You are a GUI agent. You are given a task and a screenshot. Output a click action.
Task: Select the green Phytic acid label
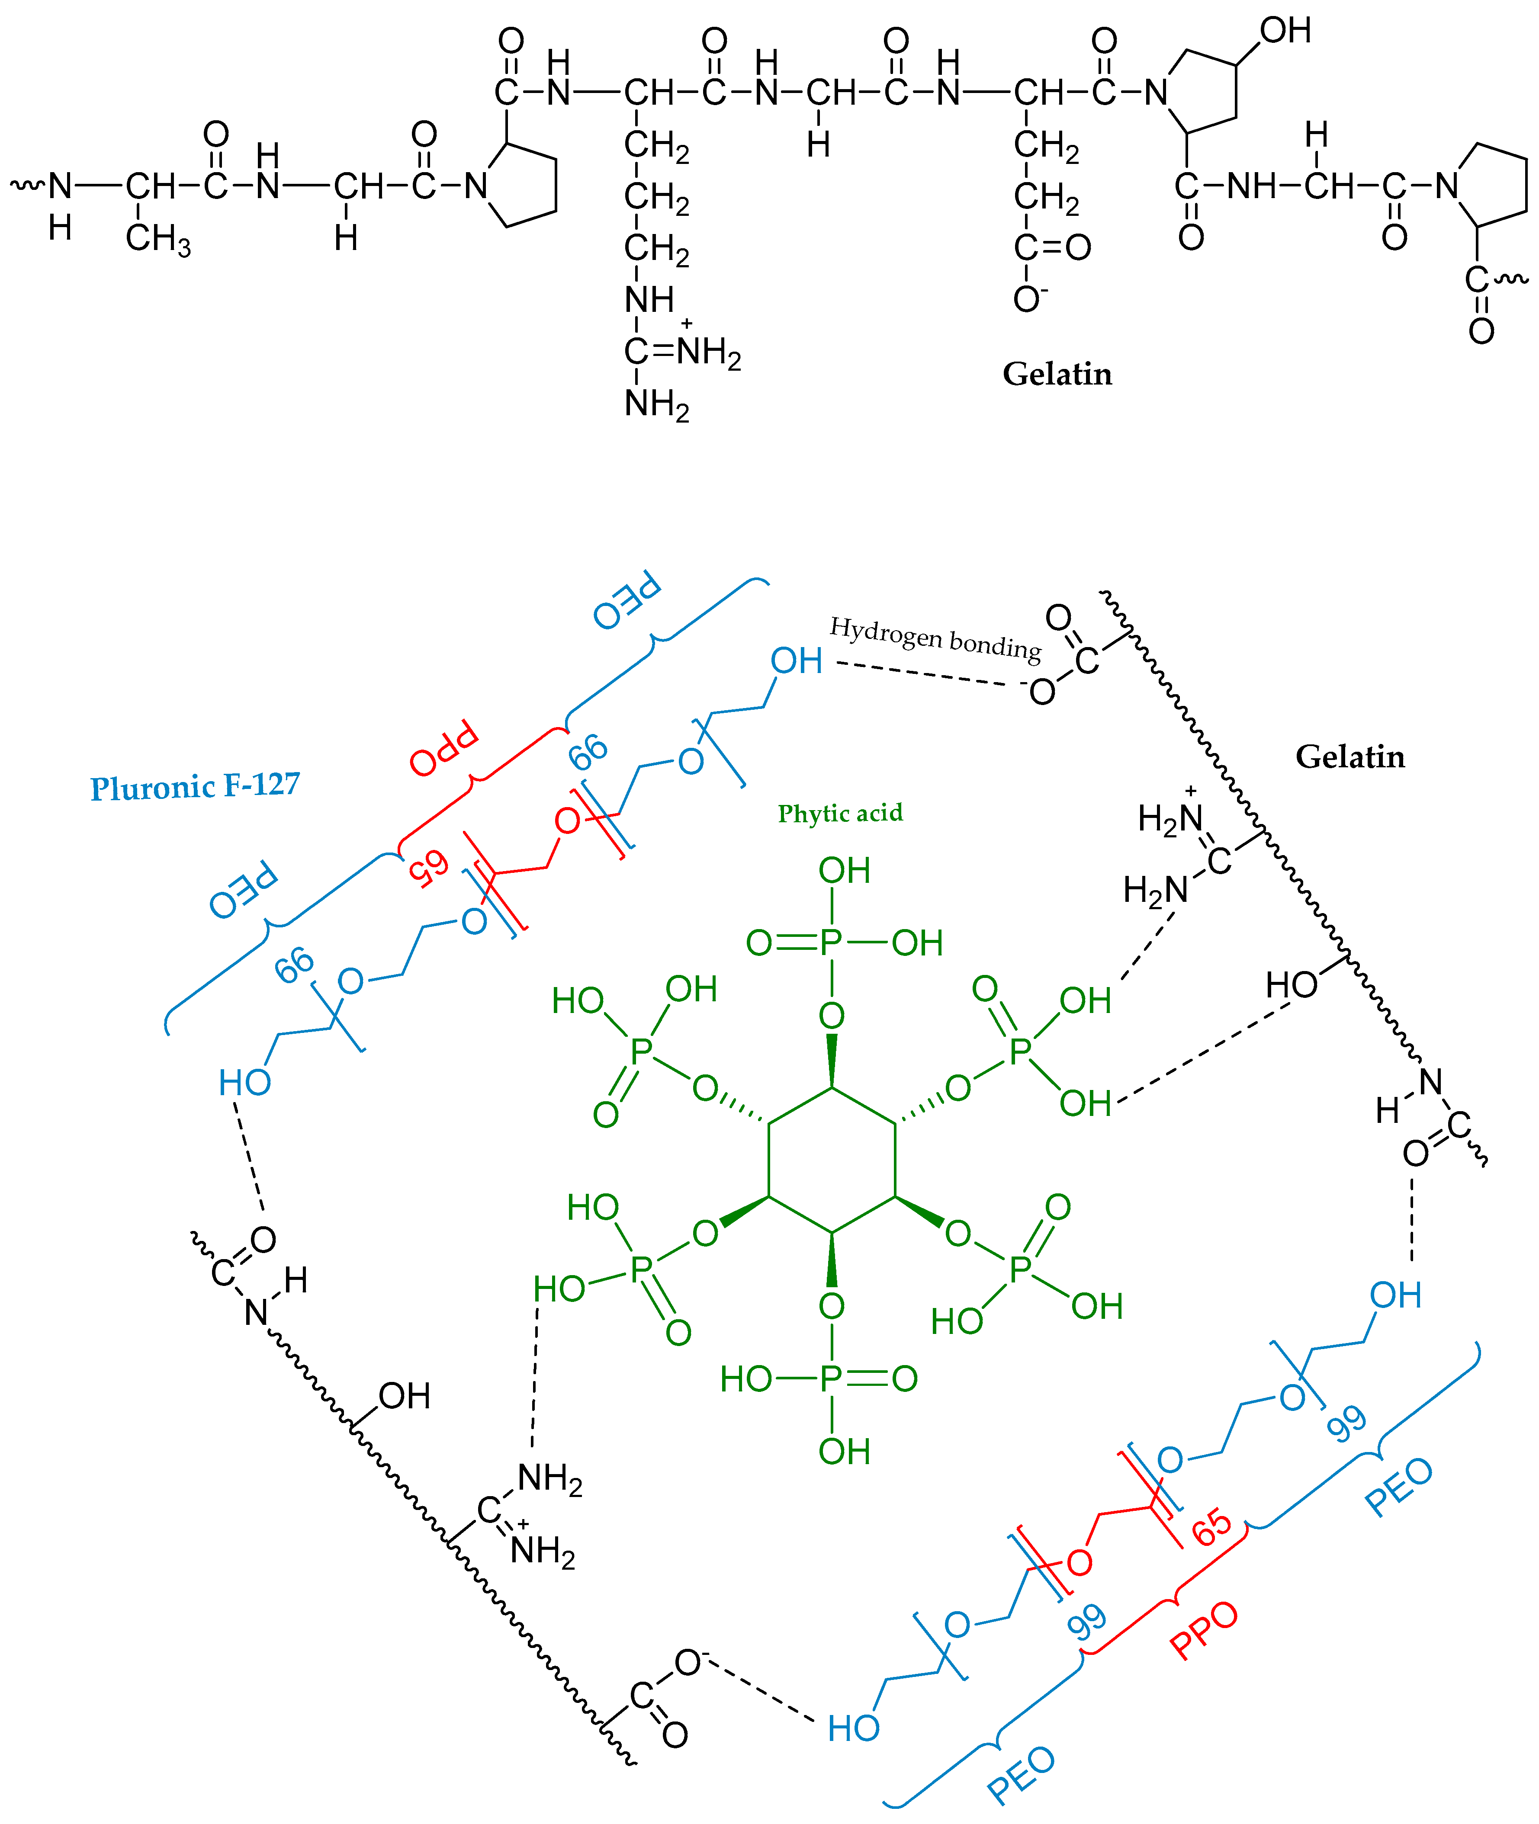[840, 813]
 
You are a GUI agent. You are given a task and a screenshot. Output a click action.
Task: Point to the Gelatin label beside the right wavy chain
[1349, 757]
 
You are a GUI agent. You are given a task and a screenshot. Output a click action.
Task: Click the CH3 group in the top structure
[158, 238]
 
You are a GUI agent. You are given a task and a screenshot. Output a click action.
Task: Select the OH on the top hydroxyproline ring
[1285, 32]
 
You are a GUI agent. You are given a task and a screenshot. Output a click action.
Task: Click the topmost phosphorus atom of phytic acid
[832, 943]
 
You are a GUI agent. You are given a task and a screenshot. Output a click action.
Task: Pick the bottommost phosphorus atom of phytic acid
[832, 1378]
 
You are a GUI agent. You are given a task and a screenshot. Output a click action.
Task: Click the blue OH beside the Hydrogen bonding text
[796, 661]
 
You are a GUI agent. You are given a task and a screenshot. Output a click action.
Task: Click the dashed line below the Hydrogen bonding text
[925, 673]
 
